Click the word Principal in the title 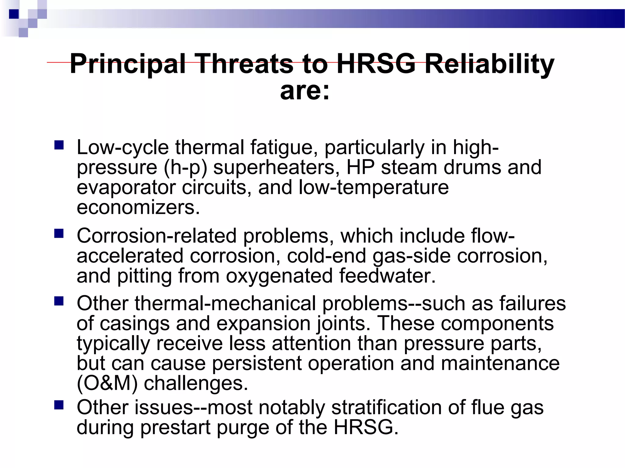point(128,64)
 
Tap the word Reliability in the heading point(489,64)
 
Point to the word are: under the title point(305,90)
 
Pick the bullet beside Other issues point(59,405)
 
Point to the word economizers point(138,207)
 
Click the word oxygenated point(279,276)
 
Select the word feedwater point(387,275)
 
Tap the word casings point(135,324)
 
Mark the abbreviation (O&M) point(107,383)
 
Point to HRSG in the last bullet point(366,427)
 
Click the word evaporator point(126,188)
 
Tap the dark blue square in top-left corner point(14,14)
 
